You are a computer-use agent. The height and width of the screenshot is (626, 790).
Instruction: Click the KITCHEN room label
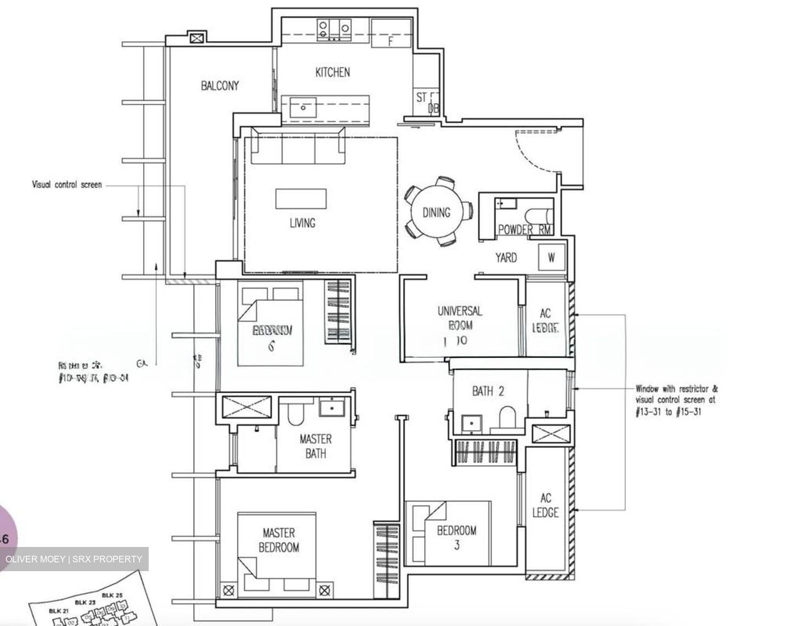click(332, 72)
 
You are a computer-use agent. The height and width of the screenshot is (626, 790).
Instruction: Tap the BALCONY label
click(219, 86)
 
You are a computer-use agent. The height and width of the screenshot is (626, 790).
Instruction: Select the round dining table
click(436, 212)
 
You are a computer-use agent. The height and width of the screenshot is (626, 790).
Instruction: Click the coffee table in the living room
click(300, 199)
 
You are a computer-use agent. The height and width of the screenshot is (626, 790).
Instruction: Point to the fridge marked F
click(391, 34)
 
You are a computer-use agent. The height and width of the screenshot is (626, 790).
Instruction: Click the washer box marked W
click(551, 257)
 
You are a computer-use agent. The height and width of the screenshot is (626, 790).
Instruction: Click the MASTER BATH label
click(315, 446)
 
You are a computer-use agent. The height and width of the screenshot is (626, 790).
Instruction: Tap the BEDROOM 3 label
click(456, 537)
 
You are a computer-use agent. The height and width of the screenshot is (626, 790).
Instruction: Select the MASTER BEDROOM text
click(279, 540)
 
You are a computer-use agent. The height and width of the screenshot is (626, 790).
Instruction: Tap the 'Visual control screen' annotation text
click(66, 185)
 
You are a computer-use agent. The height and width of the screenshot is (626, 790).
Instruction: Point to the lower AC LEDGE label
click(545, 505)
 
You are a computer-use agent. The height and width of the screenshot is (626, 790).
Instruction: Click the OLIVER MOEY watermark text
click(74, 559)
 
